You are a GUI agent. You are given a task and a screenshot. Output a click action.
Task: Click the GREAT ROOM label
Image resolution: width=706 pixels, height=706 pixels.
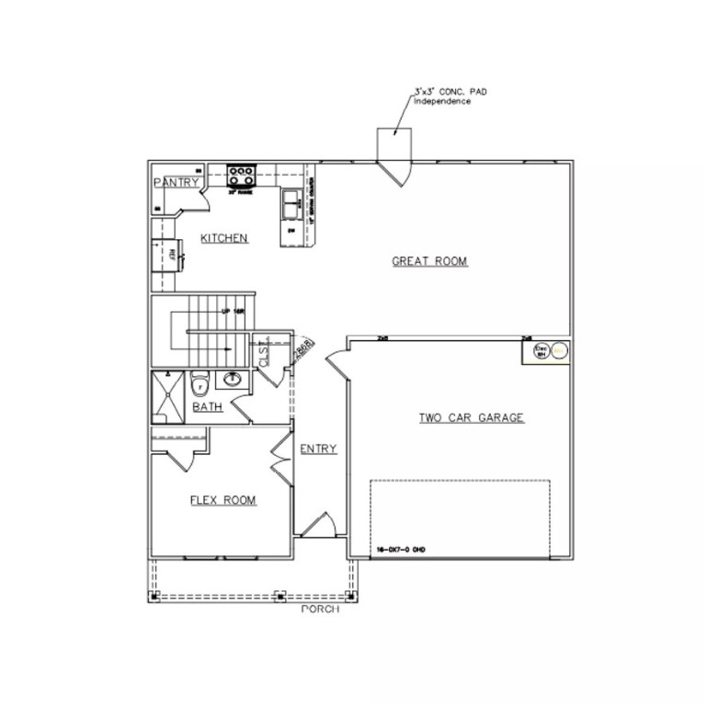(x=429, y=262)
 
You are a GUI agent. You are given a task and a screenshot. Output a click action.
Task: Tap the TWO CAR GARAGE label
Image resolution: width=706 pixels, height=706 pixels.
(x=471, y=418)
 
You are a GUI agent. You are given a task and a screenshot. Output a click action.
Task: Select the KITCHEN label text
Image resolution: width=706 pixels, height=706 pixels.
(x=224, y=239)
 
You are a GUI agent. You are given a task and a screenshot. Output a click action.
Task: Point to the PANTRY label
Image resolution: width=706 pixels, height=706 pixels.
(x=176, y=183)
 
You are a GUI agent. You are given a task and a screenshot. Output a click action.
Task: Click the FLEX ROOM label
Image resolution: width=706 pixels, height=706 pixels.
(x=222, y=501)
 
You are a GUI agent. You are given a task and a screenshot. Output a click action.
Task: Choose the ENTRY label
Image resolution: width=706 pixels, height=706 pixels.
(x=318, y=450)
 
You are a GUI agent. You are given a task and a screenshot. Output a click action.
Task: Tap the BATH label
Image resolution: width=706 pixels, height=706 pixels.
(x=207, y=407)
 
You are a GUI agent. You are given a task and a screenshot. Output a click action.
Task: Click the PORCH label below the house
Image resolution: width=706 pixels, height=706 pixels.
(x=320, y=609)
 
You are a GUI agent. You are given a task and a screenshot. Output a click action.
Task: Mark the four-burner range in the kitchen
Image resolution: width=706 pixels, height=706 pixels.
(x=241, y=173)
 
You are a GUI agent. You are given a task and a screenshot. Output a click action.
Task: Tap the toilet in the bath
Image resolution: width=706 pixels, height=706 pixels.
(x=199, y=383)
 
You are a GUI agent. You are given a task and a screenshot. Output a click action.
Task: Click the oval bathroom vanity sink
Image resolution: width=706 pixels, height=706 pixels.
(x=233, y=379)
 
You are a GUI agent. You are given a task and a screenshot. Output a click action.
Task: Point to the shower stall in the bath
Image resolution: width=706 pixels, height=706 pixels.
(x=168, y=396)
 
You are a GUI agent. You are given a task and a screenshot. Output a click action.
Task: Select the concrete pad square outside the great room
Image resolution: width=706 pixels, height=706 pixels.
(x=395, y=144)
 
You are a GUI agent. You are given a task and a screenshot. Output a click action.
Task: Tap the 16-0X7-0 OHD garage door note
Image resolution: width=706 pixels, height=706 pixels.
(x=401, y=550)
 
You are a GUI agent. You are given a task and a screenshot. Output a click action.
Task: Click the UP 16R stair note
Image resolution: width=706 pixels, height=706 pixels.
(x=233, y=312)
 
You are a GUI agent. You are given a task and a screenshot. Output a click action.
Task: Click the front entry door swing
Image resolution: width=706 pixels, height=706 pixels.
(x=319, y=525)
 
